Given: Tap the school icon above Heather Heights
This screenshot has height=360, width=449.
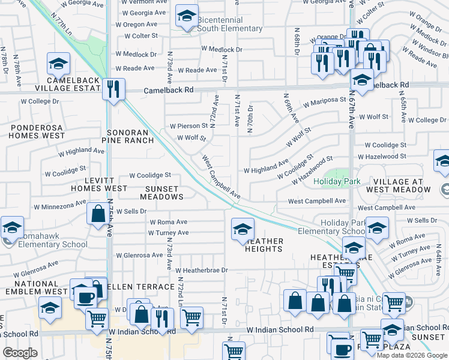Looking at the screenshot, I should click(x=243, y=229).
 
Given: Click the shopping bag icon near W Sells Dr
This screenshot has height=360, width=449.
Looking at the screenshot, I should click(x=98, y=214).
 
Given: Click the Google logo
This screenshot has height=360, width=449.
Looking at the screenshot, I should click(x=20, y=353).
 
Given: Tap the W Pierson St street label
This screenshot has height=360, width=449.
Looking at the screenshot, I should click(x=188, y=127).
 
